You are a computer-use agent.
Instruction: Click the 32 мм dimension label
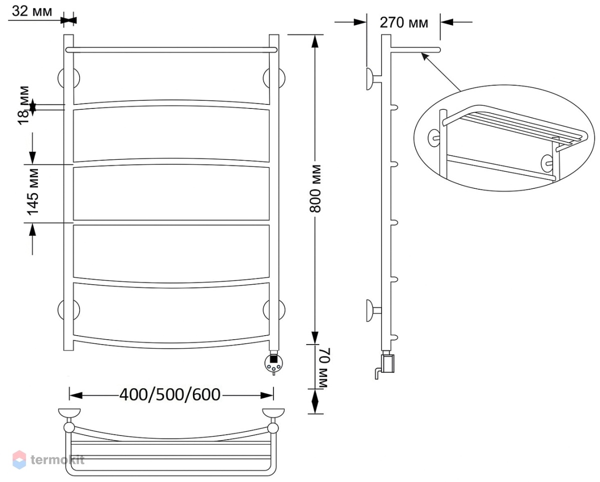(32, 11)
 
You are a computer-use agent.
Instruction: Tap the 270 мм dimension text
(403, 22)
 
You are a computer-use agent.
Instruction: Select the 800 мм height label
(315, 189)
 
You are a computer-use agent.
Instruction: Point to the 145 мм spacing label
(32, 192)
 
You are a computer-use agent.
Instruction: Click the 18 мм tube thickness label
(23, 105)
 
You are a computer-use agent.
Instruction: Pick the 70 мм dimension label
(323, 368)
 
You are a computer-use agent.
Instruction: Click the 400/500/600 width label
(170, 395)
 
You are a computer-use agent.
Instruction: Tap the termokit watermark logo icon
(19, 460)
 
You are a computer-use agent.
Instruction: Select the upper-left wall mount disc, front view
(68, 78)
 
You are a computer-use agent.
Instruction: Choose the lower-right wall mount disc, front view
(274, 310)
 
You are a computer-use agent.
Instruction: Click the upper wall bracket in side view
(373, 79)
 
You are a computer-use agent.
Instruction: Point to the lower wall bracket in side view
(373, 311)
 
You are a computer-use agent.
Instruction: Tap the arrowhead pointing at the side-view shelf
(424, 56)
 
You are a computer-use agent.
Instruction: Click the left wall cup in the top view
(69, 413)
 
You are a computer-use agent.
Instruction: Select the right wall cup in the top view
(273, 413)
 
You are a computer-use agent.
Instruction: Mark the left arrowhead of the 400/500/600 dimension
(75, 396)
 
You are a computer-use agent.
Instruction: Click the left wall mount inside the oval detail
(433, 138)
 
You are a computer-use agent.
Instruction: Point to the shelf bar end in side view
(438, 50)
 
